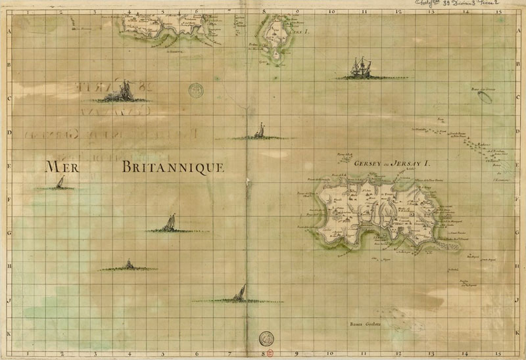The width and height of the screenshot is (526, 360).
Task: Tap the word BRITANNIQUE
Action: pos(174,167)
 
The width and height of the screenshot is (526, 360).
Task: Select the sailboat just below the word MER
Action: pos(60,183)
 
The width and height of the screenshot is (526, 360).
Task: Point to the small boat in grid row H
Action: pos(129,264)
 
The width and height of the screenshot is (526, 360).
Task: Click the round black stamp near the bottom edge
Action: pos(266,338)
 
